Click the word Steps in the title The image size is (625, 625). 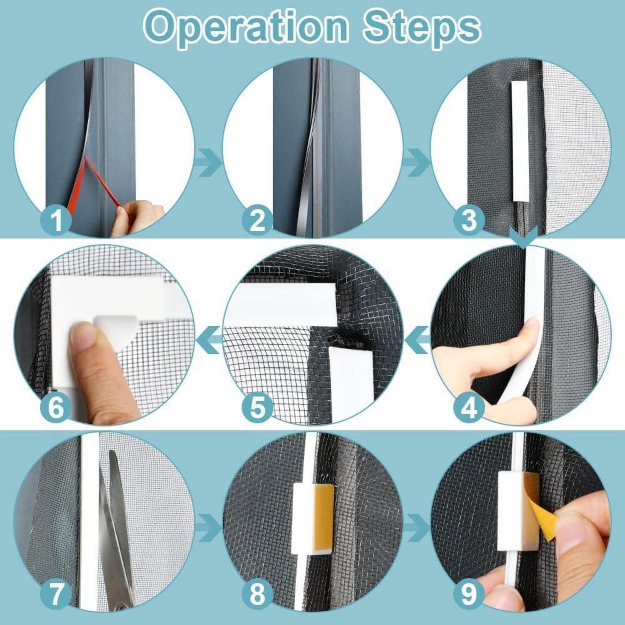[421, 28]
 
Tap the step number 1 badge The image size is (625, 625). [57, 220]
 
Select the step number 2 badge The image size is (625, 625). [257, 220]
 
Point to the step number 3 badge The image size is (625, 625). [469, 220]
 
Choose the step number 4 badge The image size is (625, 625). [469, 407]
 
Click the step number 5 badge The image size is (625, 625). [257, 407]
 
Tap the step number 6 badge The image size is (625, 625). [57, 407]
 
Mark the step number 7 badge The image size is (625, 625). [57, 594]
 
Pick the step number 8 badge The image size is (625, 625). [257, 594]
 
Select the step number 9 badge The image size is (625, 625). [469, 594]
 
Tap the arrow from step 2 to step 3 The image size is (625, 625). [417, 162]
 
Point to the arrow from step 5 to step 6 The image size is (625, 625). [210, 340]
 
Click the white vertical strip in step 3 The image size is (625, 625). [519, 141]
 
